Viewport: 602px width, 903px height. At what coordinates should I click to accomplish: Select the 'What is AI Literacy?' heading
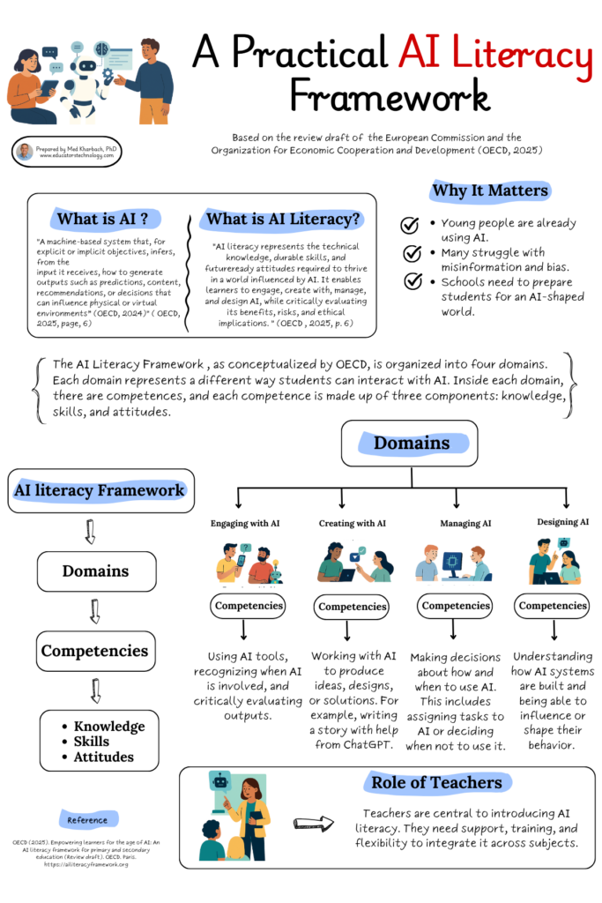coord(283,219)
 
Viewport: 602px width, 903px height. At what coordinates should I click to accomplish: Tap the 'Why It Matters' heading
coord(489,190)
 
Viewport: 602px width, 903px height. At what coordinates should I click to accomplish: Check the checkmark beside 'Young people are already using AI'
coord(410,226)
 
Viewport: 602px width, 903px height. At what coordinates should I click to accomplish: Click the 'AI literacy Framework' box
coord(100,490)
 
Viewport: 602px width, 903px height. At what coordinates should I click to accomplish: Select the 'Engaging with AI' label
coord(246,523)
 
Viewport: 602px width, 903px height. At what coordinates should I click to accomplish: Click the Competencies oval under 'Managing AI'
coord(454,606)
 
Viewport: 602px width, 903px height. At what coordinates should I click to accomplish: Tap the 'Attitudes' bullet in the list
coord(103,757)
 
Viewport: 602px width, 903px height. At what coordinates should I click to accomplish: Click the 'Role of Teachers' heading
coord(436,782)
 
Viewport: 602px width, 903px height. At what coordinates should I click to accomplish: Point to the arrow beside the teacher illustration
coord(314,824)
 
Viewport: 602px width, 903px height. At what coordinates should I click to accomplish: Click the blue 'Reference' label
coord(87,820)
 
